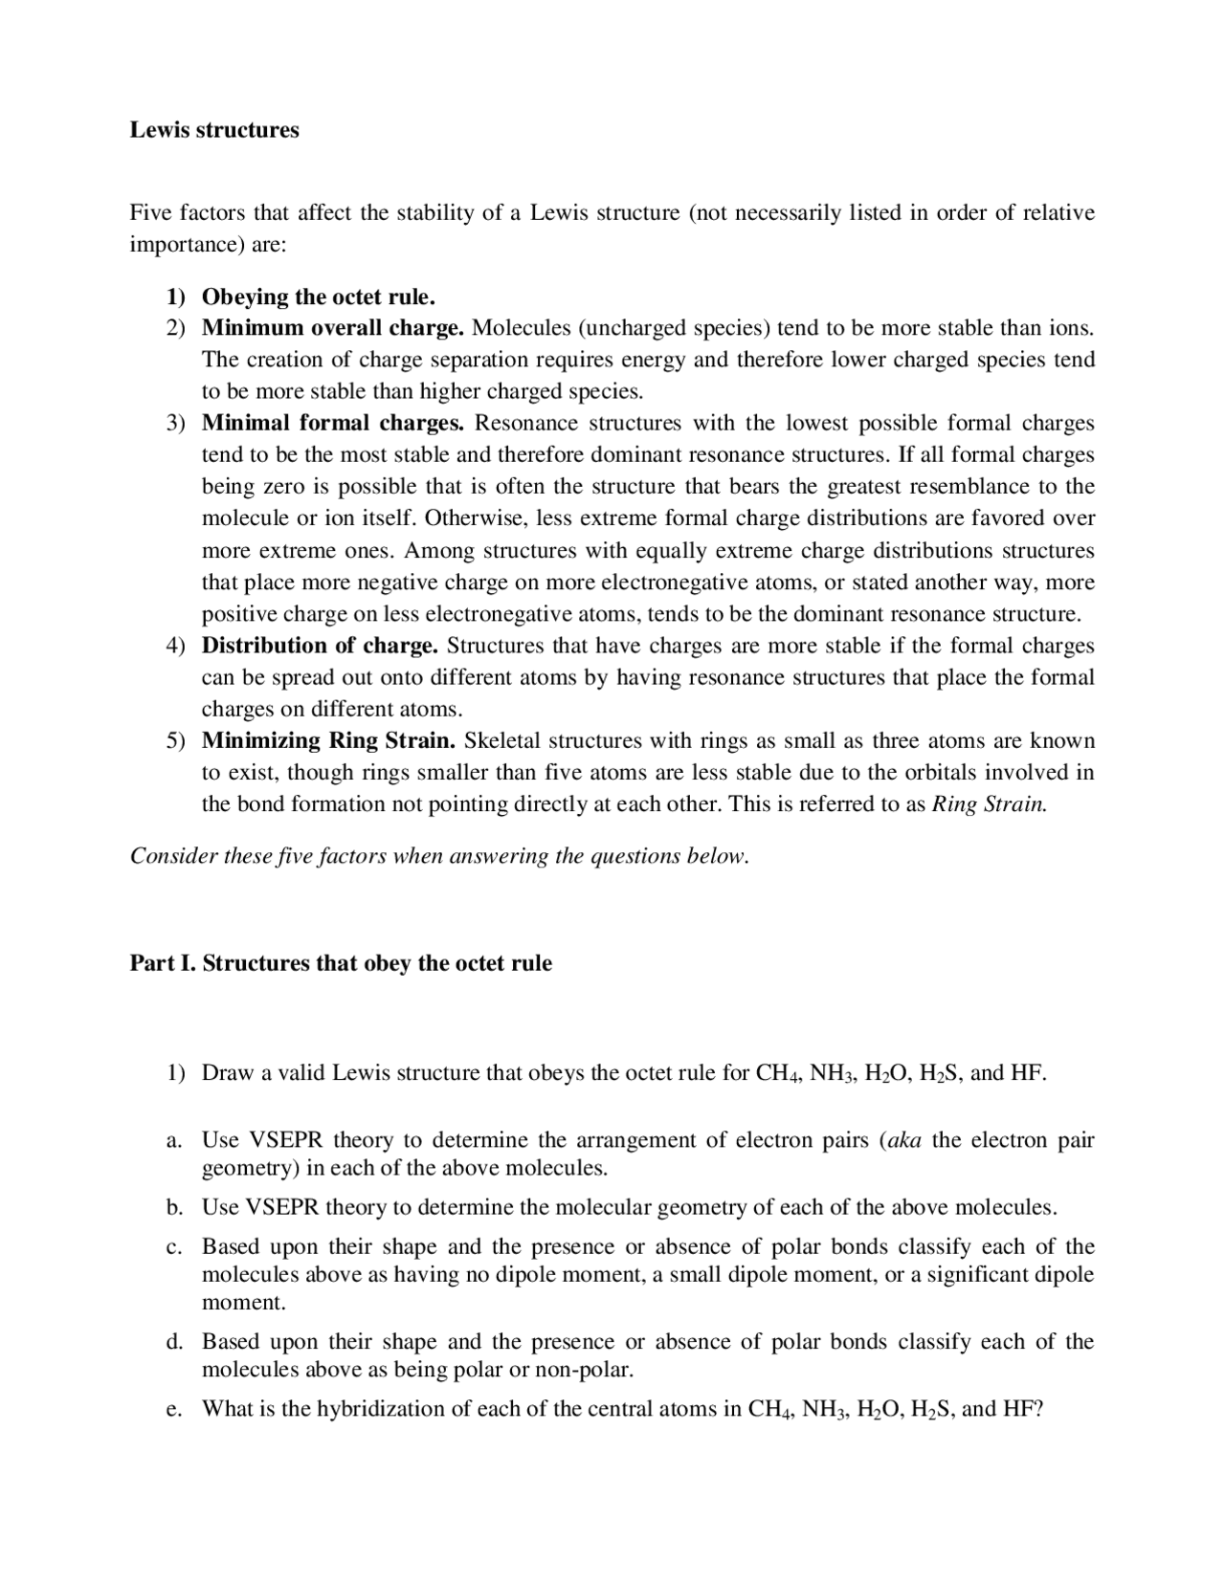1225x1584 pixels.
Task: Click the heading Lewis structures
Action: (214, 130)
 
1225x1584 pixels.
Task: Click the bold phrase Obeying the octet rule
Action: (318, 297)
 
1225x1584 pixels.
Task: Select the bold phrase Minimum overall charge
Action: (332, 328)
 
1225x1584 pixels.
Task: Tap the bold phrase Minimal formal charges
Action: (332, 423)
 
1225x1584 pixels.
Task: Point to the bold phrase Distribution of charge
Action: (320, 646)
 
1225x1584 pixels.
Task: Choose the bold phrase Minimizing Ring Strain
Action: (328, 740)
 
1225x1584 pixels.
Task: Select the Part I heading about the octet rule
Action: (341, 963)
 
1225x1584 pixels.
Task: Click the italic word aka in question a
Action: (904, 1140)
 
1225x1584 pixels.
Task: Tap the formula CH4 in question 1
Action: (777, 1073)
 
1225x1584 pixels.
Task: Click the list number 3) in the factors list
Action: (175, 423)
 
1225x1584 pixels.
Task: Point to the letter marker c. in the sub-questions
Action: (173, 1247)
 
